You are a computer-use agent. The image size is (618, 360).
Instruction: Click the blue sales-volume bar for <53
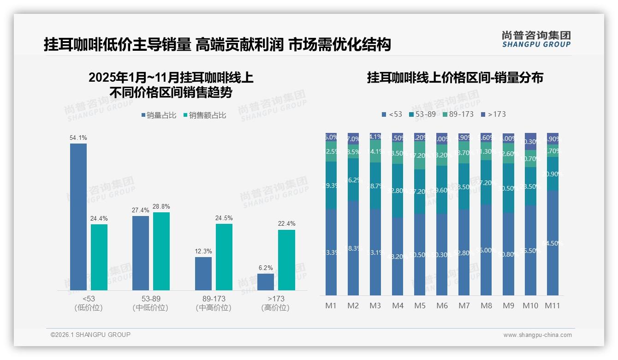[78, 216]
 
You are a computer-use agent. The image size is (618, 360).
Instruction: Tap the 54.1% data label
[78, 138]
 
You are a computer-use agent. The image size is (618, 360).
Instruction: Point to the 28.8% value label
[161, 206]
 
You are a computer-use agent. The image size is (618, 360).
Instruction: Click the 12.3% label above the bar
[203, 251]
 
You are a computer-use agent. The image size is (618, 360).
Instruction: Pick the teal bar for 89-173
[224, 257]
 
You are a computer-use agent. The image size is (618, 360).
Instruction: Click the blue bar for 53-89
[141, 253]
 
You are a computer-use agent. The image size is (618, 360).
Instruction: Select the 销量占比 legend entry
[158, 115]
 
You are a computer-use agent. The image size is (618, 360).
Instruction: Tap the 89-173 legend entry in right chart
[458, 114]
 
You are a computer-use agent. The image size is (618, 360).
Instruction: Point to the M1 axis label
[331, 306]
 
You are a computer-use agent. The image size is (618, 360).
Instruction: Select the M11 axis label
[553, 306]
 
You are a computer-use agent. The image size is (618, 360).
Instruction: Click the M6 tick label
[442, 306]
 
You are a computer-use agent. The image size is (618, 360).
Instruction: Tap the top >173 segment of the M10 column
[530, 141]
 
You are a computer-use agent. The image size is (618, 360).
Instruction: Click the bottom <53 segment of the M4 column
[398, 256]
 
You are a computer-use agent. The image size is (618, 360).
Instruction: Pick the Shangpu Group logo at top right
[536, 39]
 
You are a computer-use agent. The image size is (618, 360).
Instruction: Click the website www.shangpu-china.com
[537, 335]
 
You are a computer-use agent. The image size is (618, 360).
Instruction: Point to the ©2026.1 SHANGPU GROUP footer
[90, 335]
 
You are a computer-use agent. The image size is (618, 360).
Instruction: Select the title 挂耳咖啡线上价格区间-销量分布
[455, 78]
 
